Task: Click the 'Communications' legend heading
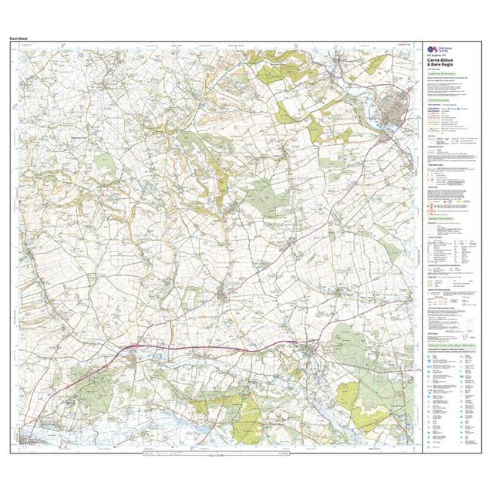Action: [442, 99]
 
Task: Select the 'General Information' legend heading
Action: [443, 219]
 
